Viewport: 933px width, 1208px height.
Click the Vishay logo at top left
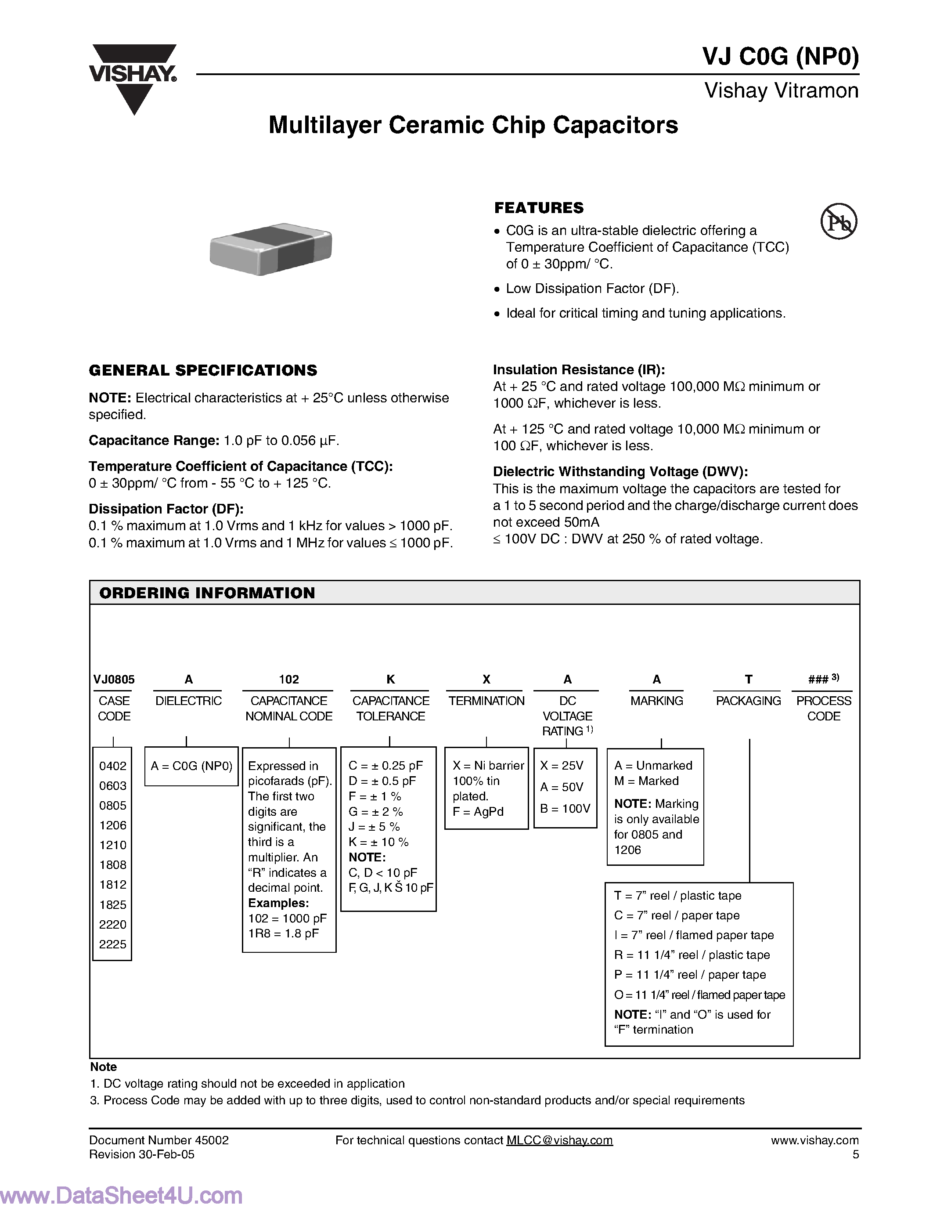coord(133,77)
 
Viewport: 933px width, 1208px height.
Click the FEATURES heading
coord(539,208)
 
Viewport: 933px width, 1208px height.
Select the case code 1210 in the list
coord(113,845)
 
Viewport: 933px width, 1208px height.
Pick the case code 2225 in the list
coord(113,944)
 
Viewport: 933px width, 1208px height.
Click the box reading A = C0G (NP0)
coord(191,766)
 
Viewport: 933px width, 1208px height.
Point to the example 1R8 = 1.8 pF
coord(283,933)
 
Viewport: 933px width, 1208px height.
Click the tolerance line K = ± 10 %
coord(378,842)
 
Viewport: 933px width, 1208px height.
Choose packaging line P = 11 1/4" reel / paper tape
coord(690,975)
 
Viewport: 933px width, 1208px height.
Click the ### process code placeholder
coord(818,679)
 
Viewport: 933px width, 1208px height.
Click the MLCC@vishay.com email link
coord(559,1140)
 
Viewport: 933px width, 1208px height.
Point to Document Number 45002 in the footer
coord(159,1140)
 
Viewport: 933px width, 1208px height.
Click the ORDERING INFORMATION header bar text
coord(207,593)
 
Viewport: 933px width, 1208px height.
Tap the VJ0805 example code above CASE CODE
coord(114,679)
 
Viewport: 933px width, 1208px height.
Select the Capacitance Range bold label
coord(154,440)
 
